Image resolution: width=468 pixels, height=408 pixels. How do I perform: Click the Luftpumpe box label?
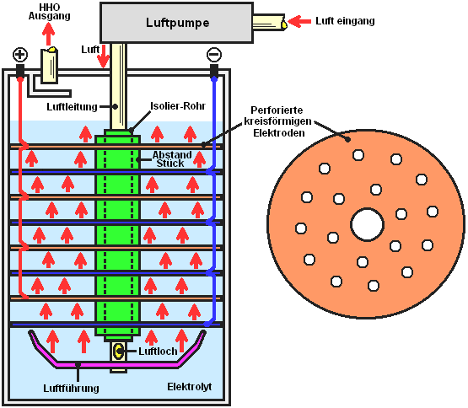coord(177,23)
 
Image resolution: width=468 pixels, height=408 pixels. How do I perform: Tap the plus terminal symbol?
coord(20,55)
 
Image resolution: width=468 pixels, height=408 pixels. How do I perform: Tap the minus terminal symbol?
coord(214,55)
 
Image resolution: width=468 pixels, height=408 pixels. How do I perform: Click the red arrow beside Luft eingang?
coord(299,21)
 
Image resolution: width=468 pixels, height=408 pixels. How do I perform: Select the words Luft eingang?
coord(345,21)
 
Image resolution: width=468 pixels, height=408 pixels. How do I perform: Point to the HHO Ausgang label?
coord(50,11)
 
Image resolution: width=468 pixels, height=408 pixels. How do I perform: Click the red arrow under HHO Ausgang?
coord(48,34)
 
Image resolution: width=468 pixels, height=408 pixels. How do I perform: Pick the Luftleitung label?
coord(72,106)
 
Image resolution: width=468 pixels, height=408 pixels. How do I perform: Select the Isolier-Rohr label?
coord(178,105)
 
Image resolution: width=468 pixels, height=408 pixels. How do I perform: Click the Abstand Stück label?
coord(172,159)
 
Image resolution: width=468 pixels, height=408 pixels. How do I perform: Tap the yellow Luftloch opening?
coord(119,351)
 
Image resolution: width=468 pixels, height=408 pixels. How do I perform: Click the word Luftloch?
coord(158,352)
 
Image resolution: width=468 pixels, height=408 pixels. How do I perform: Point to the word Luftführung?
coord(71,389)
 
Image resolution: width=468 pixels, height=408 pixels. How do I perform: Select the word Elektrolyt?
coord(189,387)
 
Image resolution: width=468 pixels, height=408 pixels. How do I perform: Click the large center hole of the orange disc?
coord(367,224)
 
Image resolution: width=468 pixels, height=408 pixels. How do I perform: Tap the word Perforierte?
coord(277,110)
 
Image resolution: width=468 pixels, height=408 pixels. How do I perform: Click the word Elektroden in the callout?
coord(279,133)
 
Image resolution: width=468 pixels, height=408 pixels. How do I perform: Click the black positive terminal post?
coord(20,71)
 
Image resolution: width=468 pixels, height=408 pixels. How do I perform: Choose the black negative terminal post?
coord(214,71)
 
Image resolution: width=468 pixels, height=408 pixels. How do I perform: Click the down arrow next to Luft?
coord(104,56)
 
